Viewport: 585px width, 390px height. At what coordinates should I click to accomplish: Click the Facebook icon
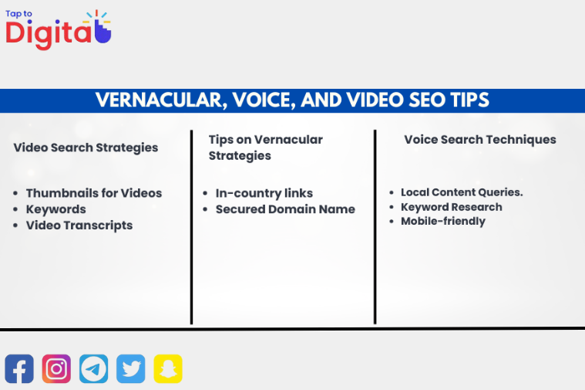coord(19,368)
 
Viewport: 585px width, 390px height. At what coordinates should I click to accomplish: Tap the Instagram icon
coord(56,368)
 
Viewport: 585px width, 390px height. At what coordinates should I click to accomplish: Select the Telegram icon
coord(94,368)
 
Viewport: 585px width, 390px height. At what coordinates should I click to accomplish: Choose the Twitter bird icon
coord(131,368)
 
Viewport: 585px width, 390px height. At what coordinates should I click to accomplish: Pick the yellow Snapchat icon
coord(168,368)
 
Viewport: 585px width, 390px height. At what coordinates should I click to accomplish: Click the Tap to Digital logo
coord(59,29)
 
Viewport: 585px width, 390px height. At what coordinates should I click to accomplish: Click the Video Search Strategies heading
coord(86,148)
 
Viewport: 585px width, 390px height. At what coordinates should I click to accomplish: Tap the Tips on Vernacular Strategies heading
coord(265,148)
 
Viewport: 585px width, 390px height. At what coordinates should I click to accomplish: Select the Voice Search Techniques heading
coord(480,140)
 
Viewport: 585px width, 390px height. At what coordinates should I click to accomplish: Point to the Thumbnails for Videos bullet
coord(94,193)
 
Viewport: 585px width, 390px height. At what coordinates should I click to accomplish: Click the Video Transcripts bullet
coord(79,226)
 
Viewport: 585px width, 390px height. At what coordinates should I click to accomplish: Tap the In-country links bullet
coord(264,193)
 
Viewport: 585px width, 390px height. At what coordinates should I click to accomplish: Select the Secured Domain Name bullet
coord(285,209)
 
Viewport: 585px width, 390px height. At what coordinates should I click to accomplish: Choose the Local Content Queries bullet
coord(462,192)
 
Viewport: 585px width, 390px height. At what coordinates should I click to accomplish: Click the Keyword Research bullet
coord(451,207)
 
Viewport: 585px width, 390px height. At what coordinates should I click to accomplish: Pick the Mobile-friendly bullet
coord(443,221)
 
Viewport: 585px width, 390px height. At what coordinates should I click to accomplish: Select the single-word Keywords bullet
coord(56,209)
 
